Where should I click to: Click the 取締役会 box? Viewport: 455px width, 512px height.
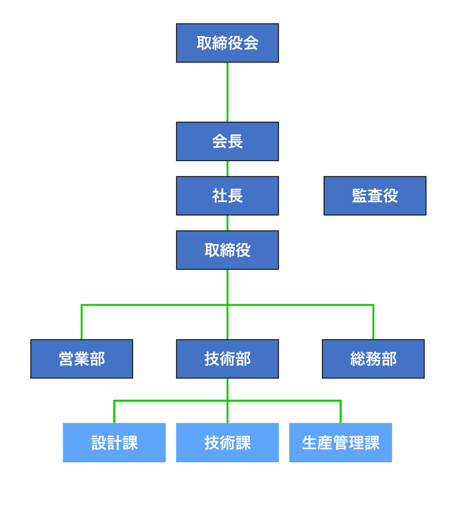(227, 43)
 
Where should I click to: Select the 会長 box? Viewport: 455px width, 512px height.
(227, 141)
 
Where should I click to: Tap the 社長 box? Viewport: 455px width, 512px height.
(227, 196)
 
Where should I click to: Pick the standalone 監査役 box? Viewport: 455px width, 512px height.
(375, 196)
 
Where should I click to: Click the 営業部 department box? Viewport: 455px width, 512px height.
(82, 359)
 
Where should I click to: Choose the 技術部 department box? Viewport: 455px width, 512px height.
(227, 359)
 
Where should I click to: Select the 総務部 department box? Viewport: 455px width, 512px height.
(373, 359)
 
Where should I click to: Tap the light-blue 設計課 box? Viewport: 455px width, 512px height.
(114, 442)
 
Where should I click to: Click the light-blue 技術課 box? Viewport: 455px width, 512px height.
(227, 442)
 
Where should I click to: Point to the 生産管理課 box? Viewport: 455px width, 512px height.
(340, 442)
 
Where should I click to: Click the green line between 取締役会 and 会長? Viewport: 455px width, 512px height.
(227, 92)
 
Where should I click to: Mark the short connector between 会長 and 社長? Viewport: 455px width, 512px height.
(227, 168)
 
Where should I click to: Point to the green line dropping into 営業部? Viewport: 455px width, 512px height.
(82, 322)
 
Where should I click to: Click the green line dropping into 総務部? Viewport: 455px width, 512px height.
(373, 322)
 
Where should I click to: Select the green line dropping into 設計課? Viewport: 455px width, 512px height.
(114, 411)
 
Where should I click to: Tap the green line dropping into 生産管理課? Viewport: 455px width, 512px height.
(341, 411)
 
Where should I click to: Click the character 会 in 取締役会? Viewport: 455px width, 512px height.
(251, 44)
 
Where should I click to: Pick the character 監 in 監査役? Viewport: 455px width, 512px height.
(359, 196)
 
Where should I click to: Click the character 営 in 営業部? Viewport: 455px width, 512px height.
(66, 359)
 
